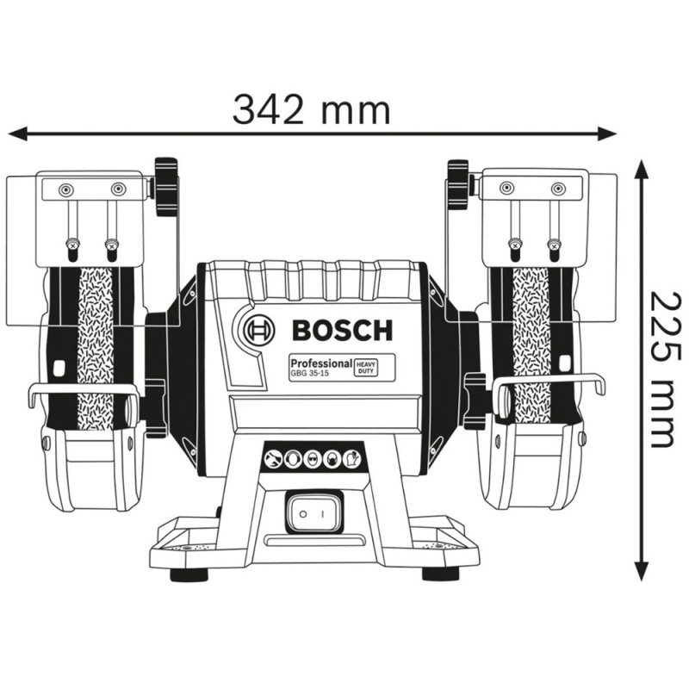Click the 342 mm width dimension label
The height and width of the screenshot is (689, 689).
(312, 109)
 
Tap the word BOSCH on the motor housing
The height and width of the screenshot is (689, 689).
(342, 330)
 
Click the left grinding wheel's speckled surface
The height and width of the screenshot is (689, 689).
(95, 344)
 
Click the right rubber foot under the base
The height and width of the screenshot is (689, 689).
(440, 574)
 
